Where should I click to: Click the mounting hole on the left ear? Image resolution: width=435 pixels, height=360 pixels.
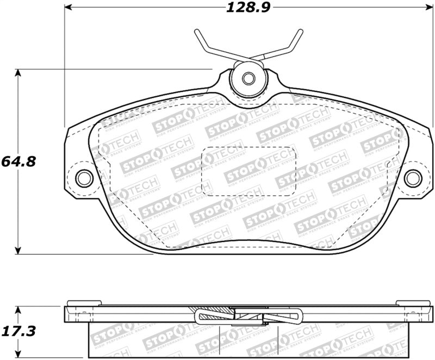click(84, 177)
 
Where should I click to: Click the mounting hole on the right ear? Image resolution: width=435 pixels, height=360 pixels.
click(413, 177)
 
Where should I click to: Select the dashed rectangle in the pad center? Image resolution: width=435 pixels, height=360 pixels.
click(249, 171)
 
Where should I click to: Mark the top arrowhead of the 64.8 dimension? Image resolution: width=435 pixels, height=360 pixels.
click(19, 73)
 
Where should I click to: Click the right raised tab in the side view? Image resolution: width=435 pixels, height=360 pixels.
click(413, 303)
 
